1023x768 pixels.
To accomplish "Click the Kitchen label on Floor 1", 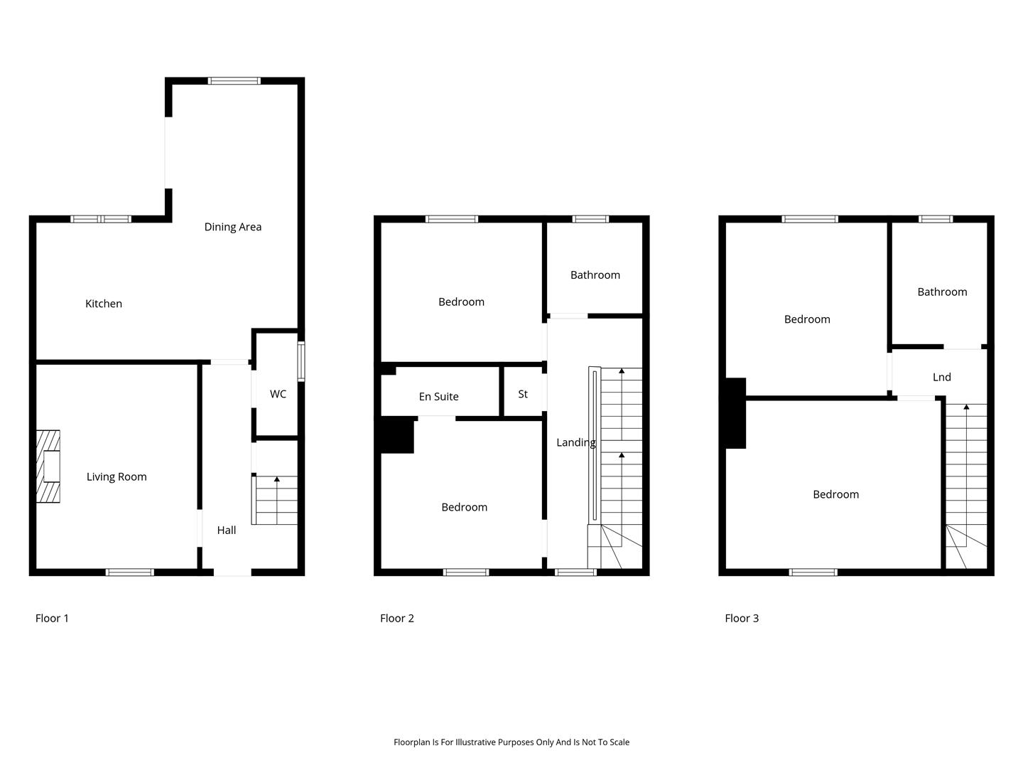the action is click(104, 304).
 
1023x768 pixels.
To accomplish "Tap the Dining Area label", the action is click(232, 227).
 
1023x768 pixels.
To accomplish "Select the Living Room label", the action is click(117, 476).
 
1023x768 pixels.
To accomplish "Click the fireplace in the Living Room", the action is click(48, 466).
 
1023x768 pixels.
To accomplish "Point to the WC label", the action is click(278, 394).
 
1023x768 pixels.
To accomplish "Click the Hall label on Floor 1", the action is click(227, 530).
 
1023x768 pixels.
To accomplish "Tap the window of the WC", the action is click(301, 361).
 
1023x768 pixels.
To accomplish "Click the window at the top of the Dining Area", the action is click(234, 80).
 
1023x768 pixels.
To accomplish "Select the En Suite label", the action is click(438, 396).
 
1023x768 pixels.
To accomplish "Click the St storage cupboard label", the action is click(523, 394).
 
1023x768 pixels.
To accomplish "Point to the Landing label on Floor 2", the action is click(576, 442).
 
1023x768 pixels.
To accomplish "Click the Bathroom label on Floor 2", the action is click(595, 275).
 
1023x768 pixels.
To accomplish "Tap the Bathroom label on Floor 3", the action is click(942, 292).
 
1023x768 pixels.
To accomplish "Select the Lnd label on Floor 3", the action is click(941, 377).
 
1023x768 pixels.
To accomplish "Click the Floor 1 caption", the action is click(52, 619).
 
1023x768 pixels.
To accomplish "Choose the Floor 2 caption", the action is click(396, 619).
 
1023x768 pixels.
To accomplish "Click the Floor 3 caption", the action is click(742, 619).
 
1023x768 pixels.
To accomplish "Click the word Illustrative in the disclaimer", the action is click(475, 742).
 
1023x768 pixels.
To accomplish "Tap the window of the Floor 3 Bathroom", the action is click(936, 219).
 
